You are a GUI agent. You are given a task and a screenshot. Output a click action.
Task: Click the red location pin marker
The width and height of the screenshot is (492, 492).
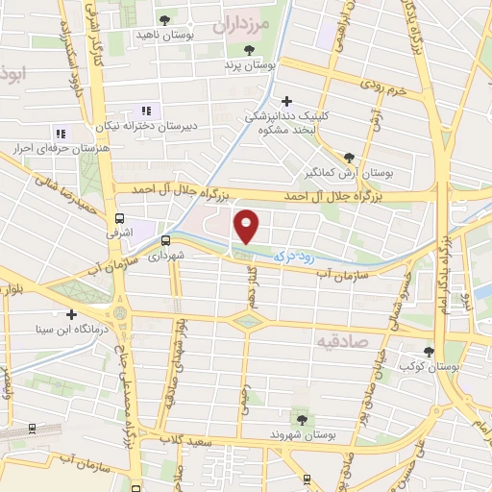248,226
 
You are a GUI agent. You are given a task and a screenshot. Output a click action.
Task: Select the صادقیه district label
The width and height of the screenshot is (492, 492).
342,340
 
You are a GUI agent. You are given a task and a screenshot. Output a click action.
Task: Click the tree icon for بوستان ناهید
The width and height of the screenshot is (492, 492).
165,19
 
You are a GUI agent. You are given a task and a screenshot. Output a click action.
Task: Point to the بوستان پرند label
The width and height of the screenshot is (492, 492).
250,65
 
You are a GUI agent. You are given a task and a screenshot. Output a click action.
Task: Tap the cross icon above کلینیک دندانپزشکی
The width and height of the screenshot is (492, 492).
286,100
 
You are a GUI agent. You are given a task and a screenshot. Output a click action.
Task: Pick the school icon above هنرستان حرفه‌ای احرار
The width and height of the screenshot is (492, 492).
60,134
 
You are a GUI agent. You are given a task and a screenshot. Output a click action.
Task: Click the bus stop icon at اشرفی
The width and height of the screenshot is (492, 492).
119,218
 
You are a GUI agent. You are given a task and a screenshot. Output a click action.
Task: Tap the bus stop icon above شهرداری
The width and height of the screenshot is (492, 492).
165,240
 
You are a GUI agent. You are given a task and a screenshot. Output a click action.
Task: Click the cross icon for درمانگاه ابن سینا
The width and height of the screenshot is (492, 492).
71,314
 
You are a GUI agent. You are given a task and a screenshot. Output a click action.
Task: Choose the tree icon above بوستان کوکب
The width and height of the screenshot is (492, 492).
429,352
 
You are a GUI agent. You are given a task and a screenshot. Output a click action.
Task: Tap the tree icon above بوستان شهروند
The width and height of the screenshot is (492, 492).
302,419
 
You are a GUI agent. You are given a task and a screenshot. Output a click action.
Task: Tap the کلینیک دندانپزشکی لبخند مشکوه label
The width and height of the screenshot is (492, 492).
285,122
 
